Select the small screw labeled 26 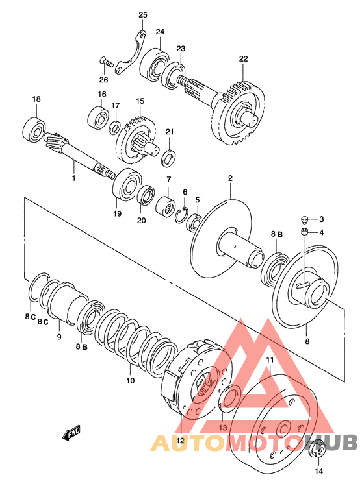point(107,62)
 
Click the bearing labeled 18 point(34,130)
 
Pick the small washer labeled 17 point(115,128)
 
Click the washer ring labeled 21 point(168,158)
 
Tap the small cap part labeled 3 point(305,220)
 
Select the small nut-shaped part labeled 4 point(304,232)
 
